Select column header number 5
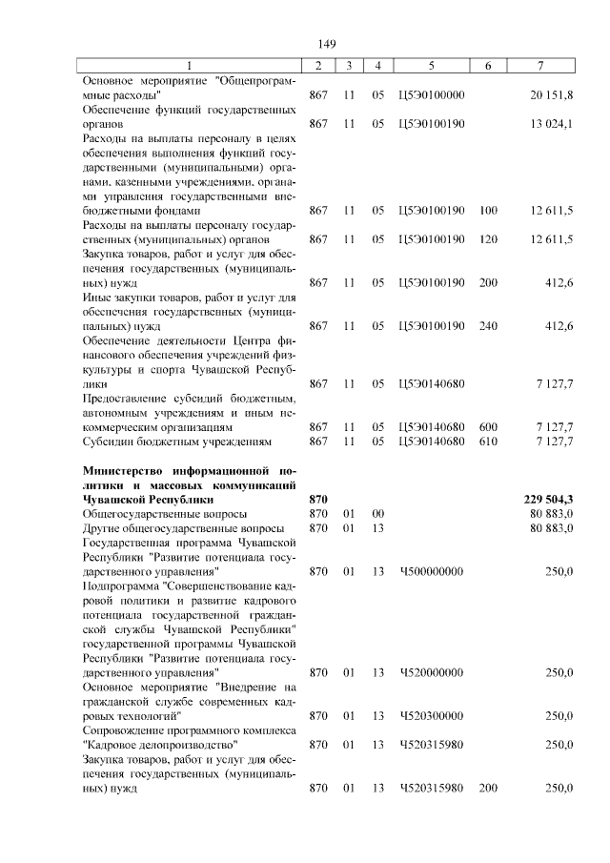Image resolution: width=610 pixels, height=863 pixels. click(x=432, y=66)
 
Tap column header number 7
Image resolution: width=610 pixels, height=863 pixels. click(x=540, y=66)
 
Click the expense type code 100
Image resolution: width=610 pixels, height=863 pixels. click(x=489, y=210)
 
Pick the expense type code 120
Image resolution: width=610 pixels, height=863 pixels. click(x=489, y=238)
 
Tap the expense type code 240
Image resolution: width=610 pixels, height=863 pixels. click(x=489, y=326)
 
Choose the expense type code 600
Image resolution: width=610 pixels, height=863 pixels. click(x=489, y=427)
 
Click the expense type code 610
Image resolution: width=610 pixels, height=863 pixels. click(x=489, y=442)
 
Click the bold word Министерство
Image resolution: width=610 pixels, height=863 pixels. click(x=125, y=471)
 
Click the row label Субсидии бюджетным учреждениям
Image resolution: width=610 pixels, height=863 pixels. click(x=178, y=442)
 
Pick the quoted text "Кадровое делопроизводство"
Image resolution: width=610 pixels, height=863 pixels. click(x=160, y=744)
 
